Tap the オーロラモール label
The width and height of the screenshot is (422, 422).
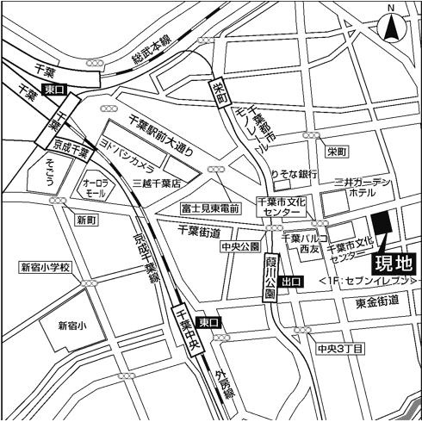click(x=94, y=189)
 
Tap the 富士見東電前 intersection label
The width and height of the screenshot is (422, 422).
click(x=209, y=208)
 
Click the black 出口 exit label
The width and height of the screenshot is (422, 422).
click(x=292, y=280)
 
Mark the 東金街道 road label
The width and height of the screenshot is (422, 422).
click(x=377, y=301)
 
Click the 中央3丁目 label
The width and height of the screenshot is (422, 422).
click(x=340, y=349)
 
